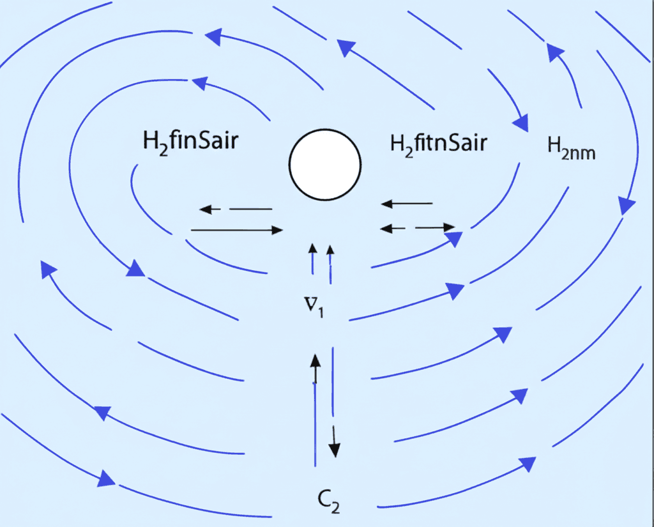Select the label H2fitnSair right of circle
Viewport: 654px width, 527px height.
438,143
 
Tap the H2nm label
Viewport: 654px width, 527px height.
571,151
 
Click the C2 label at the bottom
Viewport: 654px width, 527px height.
327,500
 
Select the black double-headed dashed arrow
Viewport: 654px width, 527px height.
417,227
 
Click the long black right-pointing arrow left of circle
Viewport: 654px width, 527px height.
237,229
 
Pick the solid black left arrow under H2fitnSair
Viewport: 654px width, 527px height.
407,204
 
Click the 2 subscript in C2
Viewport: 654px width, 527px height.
335,507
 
